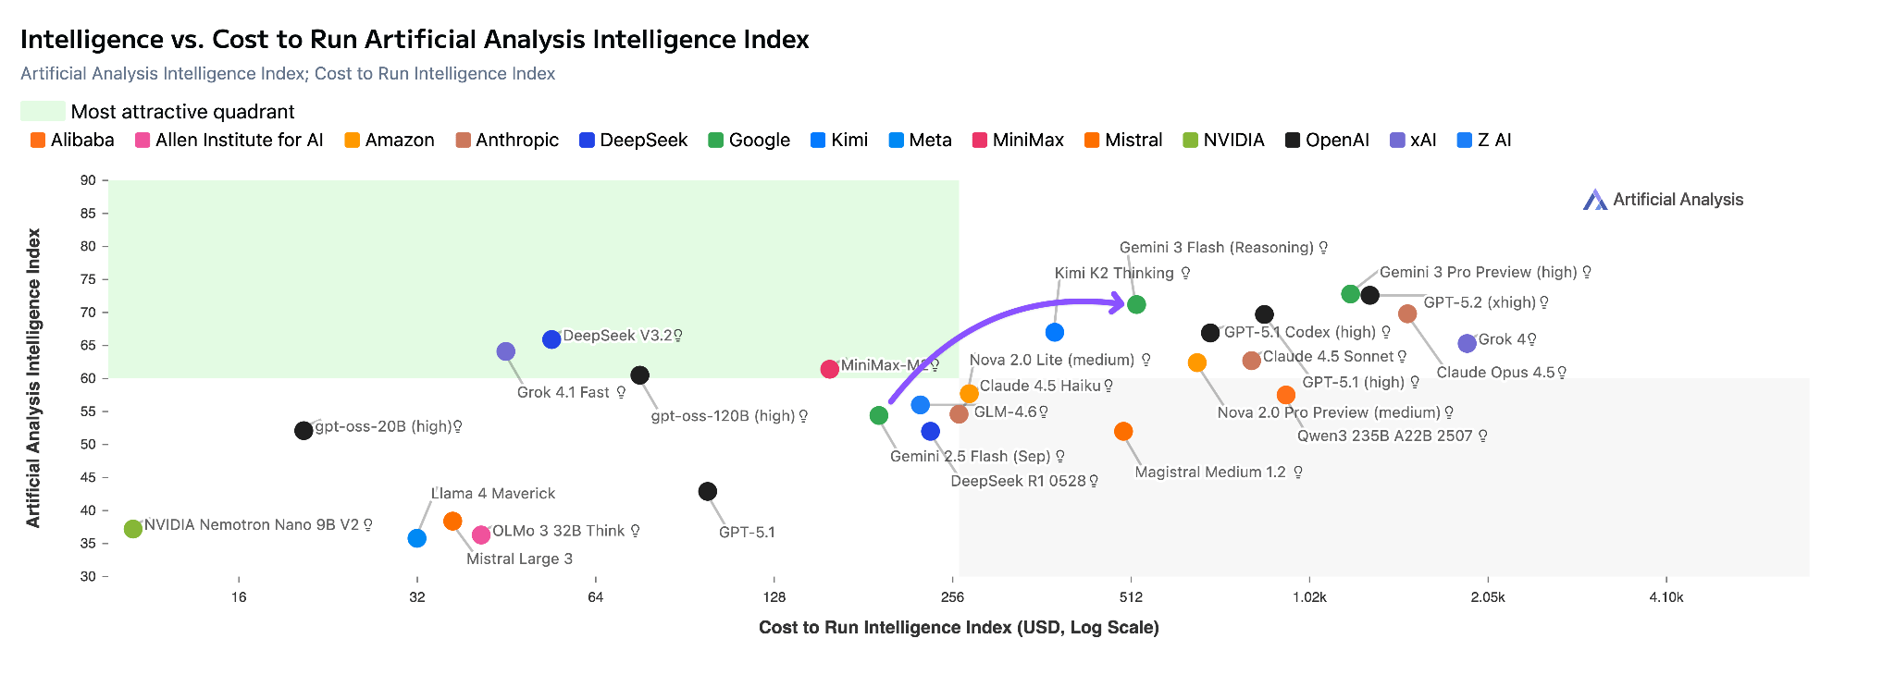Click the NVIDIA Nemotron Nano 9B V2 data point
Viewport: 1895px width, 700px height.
(x=133, y=529)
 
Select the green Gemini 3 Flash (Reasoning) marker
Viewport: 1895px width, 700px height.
(x=1137, y=304)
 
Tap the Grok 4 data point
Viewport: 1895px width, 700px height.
(x=1467, y=344)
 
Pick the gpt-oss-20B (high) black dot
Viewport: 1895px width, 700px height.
(x=303, y=431)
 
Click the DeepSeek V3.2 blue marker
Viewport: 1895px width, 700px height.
(x=551, y=339)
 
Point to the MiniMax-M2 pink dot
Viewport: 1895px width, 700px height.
(x=830, y=369)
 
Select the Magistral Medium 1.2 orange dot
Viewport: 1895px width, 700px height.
(x=1123, y=432)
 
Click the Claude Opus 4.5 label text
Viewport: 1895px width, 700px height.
(x=1495, y=373)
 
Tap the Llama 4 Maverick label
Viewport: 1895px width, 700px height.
(x=493, y=494)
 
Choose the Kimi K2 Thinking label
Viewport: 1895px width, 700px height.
(x=1114, y=273)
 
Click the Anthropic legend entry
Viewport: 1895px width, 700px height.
(x=507, y=141)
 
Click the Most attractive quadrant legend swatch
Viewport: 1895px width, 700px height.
(x=43, y=112)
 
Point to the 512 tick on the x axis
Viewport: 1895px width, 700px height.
(x=1130, y=597)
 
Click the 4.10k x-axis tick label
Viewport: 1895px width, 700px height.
(x=1666, y=597)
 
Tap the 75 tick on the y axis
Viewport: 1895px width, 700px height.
(x=88, y=279)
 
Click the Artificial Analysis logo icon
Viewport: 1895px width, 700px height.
(x=1594, y=200)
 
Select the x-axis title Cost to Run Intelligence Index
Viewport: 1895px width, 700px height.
(x=959, y=628)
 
